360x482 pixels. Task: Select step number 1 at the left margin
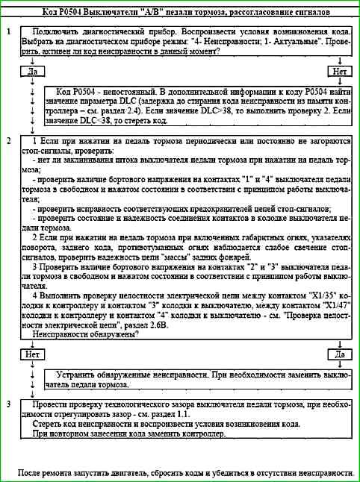coord(7,34)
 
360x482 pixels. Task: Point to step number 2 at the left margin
coord(7,140)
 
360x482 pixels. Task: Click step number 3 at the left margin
coord(7,404)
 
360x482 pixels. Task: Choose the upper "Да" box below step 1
coord(31,71)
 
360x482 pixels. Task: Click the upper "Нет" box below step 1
coord(340,71)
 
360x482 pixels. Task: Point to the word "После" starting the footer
coord(31,473)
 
